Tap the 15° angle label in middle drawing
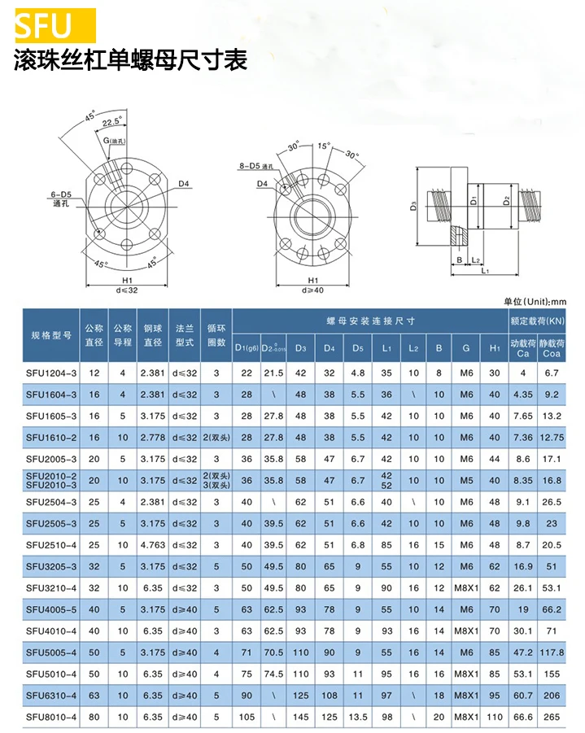pyautogui.click(x=324, y=146)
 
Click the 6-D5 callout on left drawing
pyautogui.click(x=61, y=194)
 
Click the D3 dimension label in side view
pyautogui.click(x=413, y=207)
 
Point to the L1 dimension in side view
pyautogui.click(x=486, y=270)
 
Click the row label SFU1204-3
pyautogui.click(x=51, y=373)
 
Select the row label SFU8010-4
pyautogui.click(x=51, y=717)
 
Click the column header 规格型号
pyautogui.click(x=51, y=335)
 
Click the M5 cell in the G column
pyautogui.click(x=466, y=480)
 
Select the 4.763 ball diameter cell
pyautogui.click(x=152, y=544)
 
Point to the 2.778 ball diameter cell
pyautogui.click(x=152, y=438)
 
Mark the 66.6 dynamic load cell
pyautogui.click(x=524, y=717)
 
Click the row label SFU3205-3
pyautogui.click(x=51, y=566)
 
